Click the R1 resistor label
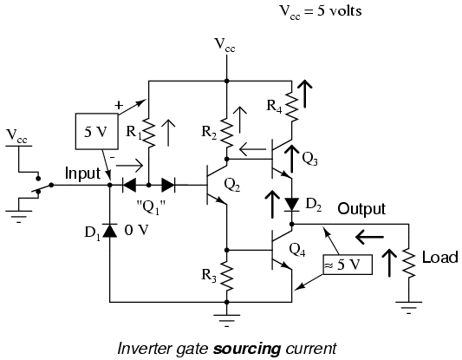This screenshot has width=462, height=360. pyautogui.click(x=133, y=132)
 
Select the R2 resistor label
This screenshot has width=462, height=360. pyautogui.click(x=209, y=133)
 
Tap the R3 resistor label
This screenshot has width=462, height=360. pyautogui.click(x=209, y=276)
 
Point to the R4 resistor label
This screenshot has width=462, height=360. pyautogui.click(x=274, y=106)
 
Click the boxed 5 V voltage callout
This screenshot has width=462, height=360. pyautogui.click(x=97, y=131)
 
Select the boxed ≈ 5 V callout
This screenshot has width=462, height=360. pyautogui.click(x=348, y=265)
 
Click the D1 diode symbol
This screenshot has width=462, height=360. pyautogui.click(x=109, y=230)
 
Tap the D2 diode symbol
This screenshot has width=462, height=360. pyautogui.click(x=292, y=205)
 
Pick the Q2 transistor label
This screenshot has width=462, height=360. pyautogui.click(x=232, y=186)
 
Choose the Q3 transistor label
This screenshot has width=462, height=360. pyautogui.click(x=309, y=160)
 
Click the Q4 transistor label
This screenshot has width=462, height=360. pyautogui.click(x=297, y=251)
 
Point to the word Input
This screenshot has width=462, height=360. pyautogui.click(x=83, y=173)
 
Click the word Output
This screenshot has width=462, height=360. pyautogui.click(x=361, y=209)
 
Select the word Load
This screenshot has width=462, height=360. pyautogui.click(x=440, y=258)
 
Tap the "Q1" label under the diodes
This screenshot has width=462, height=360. pyautogui.click(x=151, y=207)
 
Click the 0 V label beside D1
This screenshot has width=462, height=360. pyautogui.click(x=136, y=230)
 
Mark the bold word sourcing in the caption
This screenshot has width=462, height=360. pyautogui.click(x=247, y=349)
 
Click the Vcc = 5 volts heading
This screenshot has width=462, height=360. pyautogui.click(x=320, y=12)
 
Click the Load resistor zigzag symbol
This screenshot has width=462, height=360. pyautogui.click(x=408, y=263)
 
